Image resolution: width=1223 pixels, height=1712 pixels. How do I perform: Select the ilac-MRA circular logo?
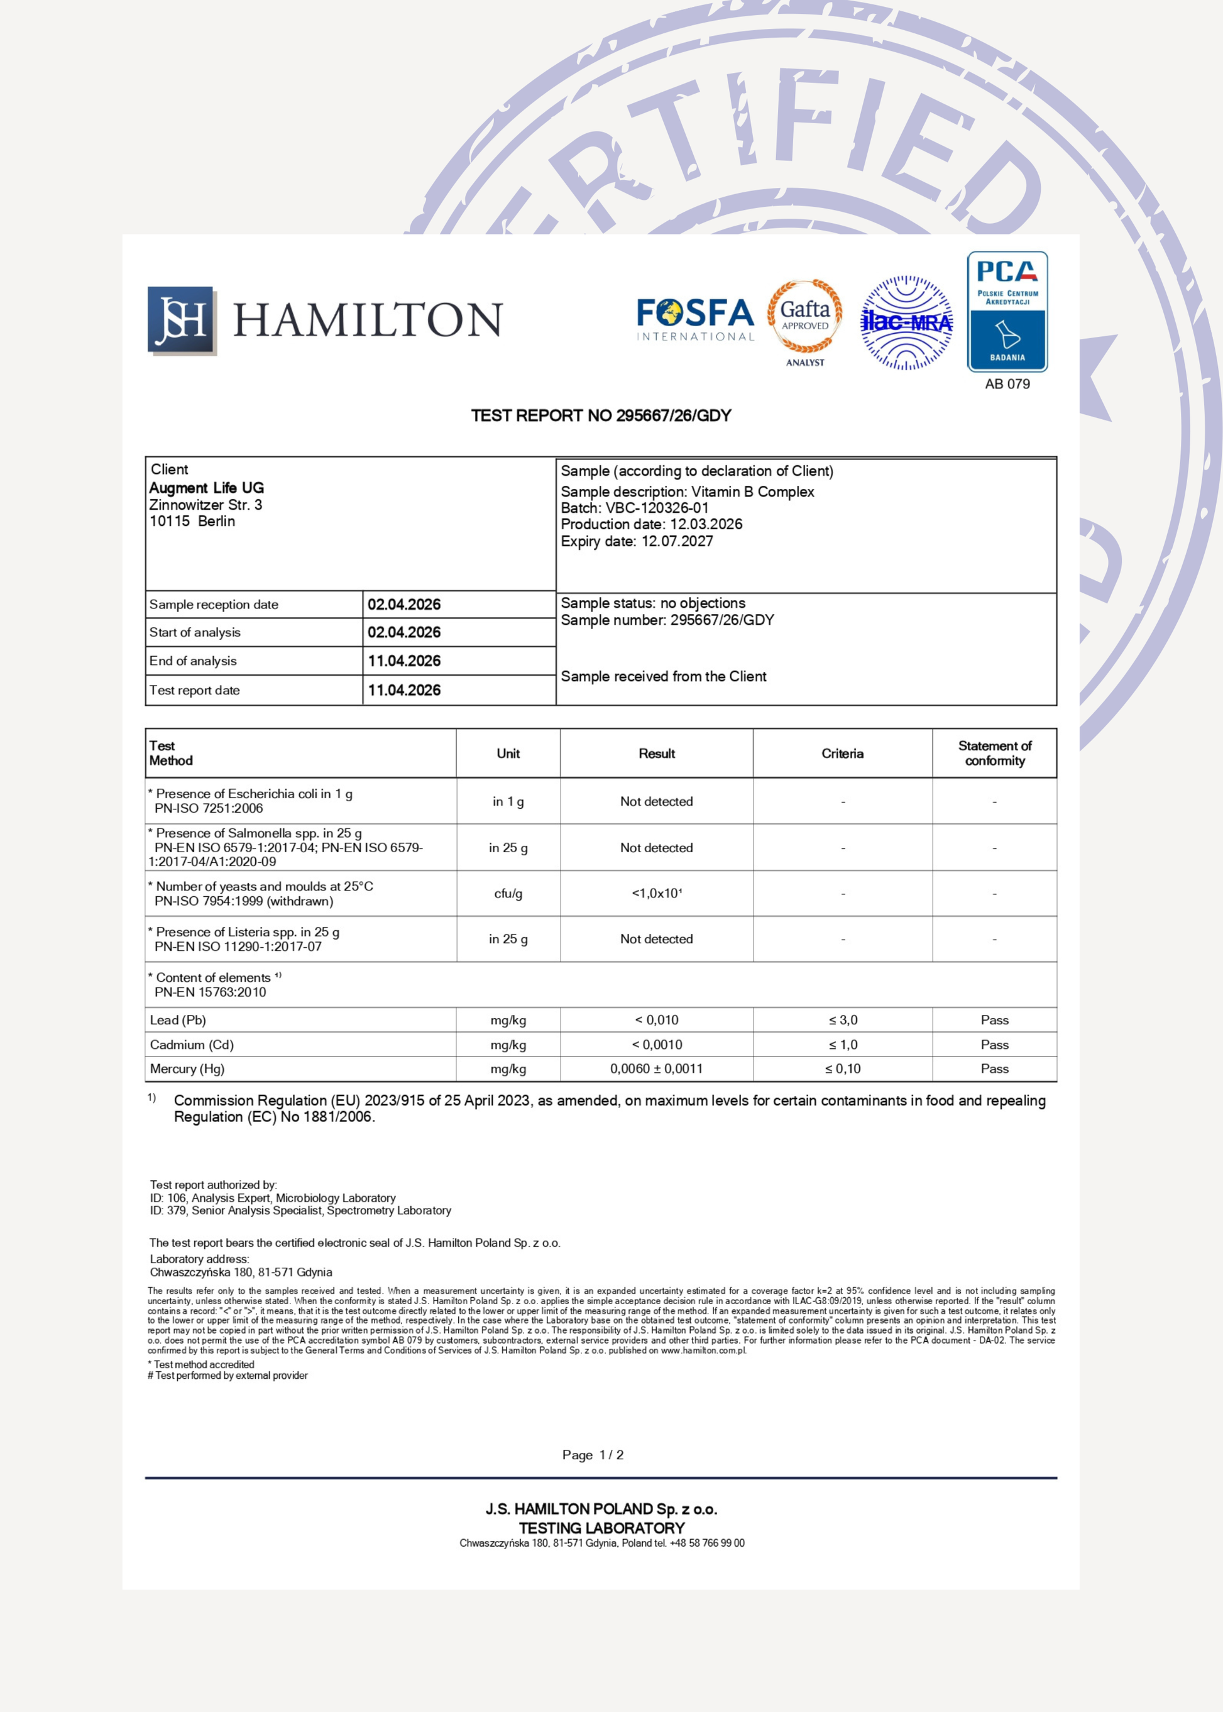pyautogui.click(x=906, y=322)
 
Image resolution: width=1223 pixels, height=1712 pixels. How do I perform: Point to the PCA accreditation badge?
pyautogui.click(x=1007, y=311)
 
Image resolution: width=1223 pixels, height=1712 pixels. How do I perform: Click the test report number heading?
pyautogui.click(x=601, y=416)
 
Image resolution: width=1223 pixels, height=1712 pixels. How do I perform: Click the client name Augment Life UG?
pyautogui.click(x=206, y=488)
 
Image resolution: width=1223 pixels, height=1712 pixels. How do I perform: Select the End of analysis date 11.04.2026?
pyautogui.click(x=403, y=661)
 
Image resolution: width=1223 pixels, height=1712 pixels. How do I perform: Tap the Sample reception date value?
pyautogui.click(x=403, y=605)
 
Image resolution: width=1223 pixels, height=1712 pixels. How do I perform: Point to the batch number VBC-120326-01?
pyautogui.click(x=657, y=508)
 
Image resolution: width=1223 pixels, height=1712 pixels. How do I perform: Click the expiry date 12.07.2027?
pyautogui.click(x=676, y=542)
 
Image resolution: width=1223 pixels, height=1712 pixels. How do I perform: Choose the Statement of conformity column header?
pyautogui.click(x=994, y=753)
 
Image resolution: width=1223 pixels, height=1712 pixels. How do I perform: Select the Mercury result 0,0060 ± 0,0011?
pyautogui.click(x=656, y=1069)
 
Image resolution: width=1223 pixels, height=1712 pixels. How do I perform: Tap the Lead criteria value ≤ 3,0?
pyautogui.click(x=843, y=1021)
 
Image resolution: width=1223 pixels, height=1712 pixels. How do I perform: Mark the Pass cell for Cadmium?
pyautogui.click(x=994, y=1045)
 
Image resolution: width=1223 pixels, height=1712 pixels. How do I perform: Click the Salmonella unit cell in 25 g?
pyautogui.click(x=508, y=848)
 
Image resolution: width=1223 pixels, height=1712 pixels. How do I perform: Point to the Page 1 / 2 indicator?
pyautogui.click(x=593, y=1455)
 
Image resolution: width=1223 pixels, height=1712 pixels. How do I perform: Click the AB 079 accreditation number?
pyautogui.click(x=1007, y=384)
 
